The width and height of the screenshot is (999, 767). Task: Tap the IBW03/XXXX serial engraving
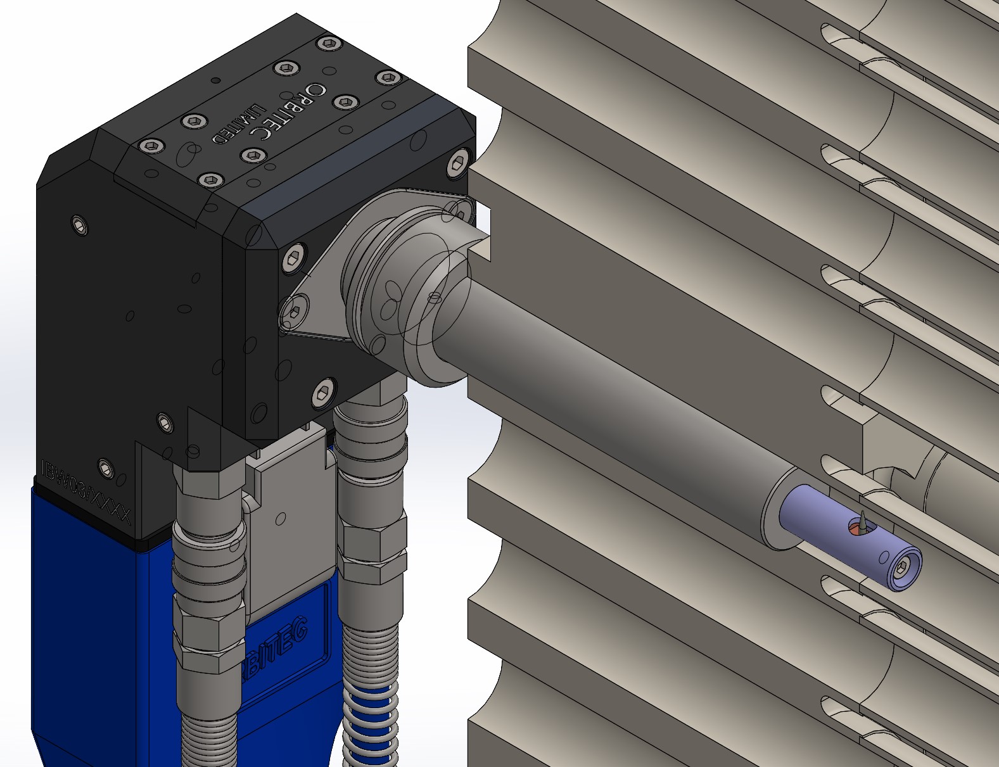click(85, 491)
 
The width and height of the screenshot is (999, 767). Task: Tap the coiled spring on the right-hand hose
click(371, 716)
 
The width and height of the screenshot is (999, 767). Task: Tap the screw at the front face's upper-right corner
click(458, 163)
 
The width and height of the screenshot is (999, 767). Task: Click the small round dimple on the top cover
click(215, 80)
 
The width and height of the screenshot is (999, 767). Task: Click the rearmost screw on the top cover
click(328, 43)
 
